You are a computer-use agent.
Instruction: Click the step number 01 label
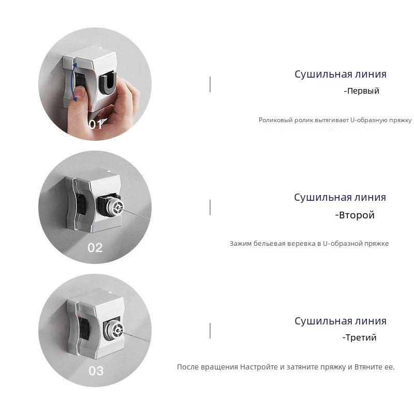click(95, 124)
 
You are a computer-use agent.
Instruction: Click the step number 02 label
click(95, 248)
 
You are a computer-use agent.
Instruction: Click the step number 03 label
click(96, 371)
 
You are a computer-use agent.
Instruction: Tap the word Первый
click(363, 91)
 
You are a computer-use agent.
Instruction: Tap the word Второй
click(357, 215)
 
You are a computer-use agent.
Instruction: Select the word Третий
click(361, 337)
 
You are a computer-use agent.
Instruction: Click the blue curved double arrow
click(74, 82)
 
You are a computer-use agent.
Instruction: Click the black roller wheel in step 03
click(84, 329)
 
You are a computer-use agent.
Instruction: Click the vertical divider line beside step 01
click(210, 84)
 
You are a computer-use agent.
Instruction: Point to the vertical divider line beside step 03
click(210, 330)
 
